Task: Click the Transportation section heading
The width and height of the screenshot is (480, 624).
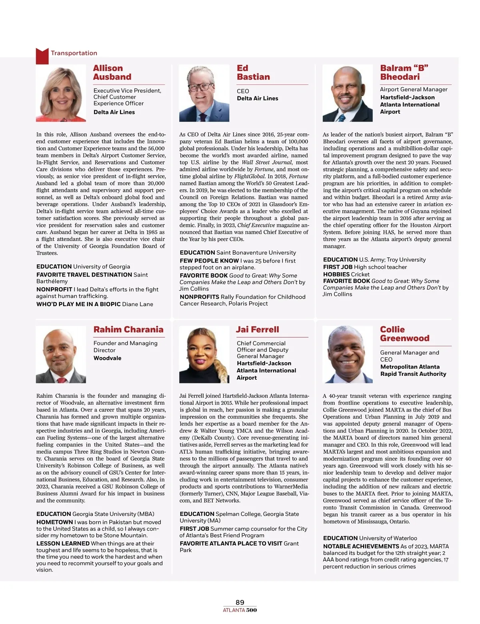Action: point(74,53)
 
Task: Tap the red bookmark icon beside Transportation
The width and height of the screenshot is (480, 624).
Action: point(42,56)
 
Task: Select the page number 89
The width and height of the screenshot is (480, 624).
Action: point(240,602)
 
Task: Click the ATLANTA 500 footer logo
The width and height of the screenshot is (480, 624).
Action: point(240,610)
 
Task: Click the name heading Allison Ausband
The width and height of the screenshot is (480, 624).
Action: point(112,72)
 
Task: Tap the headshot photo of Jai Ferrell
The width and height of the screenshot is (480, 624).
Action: point(204,355)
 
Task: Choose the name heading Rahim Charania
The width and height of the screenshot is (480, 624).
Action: point(128,329)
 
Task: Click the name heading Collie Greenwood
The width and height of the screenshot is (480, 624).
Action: point(404,334)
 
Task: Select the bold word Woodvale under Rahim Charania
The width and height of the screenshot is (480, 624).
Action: point(107,358)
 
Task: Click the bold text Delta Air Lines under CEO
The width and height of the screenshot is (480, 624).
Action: point(257,98)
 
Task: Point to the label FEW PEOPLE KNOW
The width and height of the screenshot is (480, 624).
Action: point(209,261)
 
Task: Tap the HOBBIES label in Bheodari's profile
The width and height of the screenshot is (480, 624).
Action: point(336,274)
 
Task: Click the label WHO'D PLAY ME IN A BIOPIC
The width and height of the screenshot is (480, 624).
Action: point(78,304)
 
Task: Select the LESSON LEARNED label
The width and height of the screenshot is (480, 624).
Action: point(63,543)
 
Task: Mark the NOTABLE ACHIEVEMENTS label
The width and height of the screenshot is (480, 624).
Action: point(361,546)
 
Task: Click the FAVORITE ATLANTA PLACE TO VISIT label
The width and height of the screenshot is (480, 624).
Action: point(231,543)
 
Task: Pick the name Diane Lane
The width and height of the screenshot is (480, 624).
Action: point(138,304)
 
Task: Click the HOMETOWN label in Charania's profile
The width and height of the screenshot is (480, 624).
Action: point(54,522)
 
